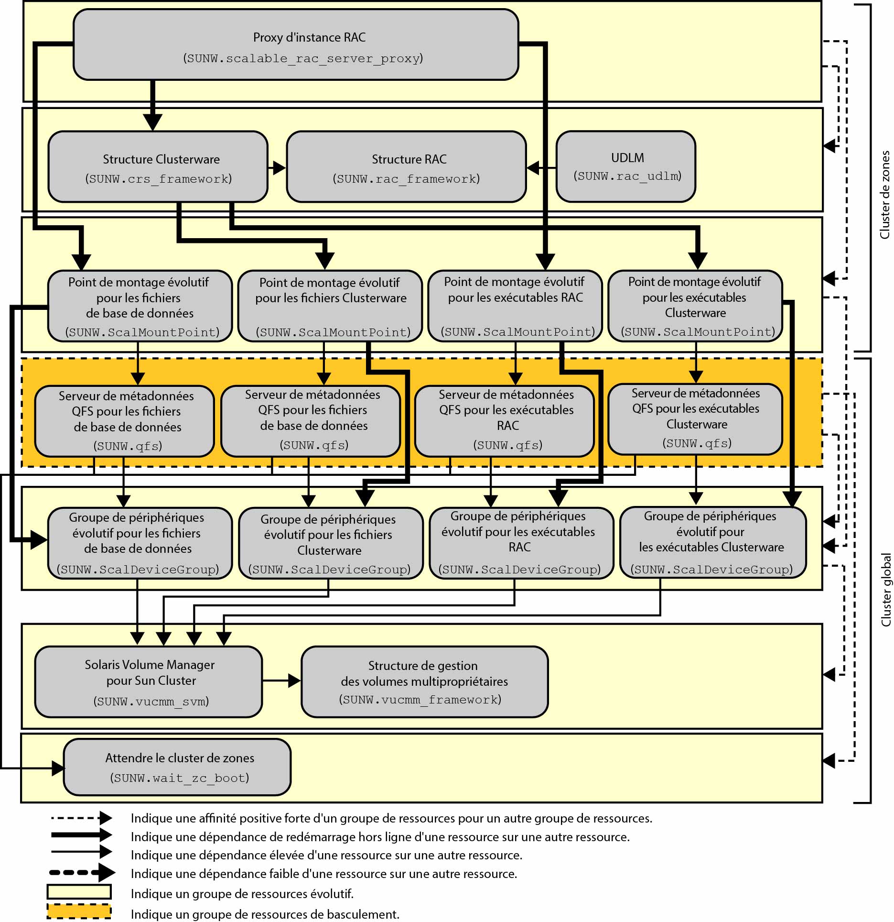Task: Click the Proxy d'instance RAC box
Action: pyautogui.click(x=295, y=44)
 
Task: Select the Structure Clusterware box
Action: pyautogui.click(x=158, y=167)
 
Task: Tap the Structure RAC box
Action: pyautogui.click(x=406, y=167)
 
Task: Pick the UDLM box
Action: pyautogui.click(x=625, y=166)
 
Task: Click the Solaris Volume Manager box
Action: pyautogui.click(x=149, y=681)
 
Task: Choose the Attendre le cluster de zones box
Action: pyautogui.click(x=177, y=767)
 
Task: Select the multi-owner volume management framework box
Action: pyautogui.click(x=424, y=681)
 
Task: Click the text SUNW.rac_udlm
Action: pyautogui.click(x=627, y=176)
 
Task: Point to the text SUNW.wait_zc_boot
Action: pyautogui.click(x=180, y=778)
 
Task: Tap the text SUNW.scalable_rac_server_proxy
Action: pyautogui.click(x=303, y=58)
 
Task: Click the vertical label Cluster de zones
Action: pyautogui.click(x=885, y=195)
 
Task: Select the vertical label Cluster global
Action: pyautogui.click(x=886, y=590)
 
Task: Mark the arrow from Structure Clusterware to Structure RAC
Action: pyautogui.click(x=277, y=168)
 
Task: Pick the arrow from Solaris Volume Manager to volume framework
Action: pyautogui.click(x=282, y=681)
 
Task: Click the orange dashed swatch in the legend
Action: pyautogui.click(x=79, y=911)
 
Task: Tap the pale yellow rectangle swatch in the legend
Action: pyautogui.click(x=79, y=892)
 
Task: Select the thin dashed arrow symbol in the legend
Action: pyautogui.click(x=81, y=818)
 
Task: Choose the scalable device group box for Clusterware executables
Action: pyautogui.click(x=712, y=543)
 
